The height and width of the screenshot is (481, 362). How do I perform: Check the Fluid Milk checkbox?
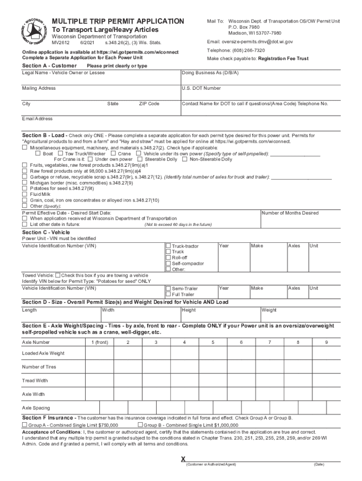[25, 194]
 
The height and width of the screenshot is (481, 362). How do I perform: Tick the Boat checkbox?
[38, 154]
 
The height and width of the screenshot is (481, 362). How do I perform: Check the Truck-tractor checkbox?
[168, 246]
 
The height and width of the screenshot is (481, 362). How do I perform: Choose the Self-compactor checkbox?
[168, 264]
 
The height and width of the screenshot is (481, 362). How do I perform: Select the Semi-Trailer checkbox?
[168, 288]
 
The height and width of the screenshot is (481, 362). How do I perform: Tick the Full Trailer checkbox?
[168, 295]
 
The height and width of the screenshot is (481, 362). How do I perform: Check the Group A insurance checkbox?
[25, 425]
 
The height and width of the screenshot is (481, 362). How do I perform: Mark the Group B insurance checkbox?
[140, 425]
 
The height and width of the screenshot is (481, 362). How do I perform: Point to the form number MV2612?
[61, 43]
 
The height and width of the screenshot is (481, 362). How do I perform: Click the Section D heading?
[125, 302]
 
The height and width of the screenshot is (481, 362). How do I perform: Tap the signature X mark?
[183, 458]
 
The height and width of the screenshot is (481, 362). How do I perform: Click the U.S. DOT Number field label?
[201, 88]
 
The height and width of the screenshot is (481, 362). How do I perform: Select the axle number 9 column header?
[326, 342]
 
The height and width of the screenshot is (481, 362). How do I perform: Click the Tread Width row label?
[35, 380]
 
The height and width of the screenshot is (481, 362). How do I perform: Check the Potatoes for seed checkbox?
[25, 188]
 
